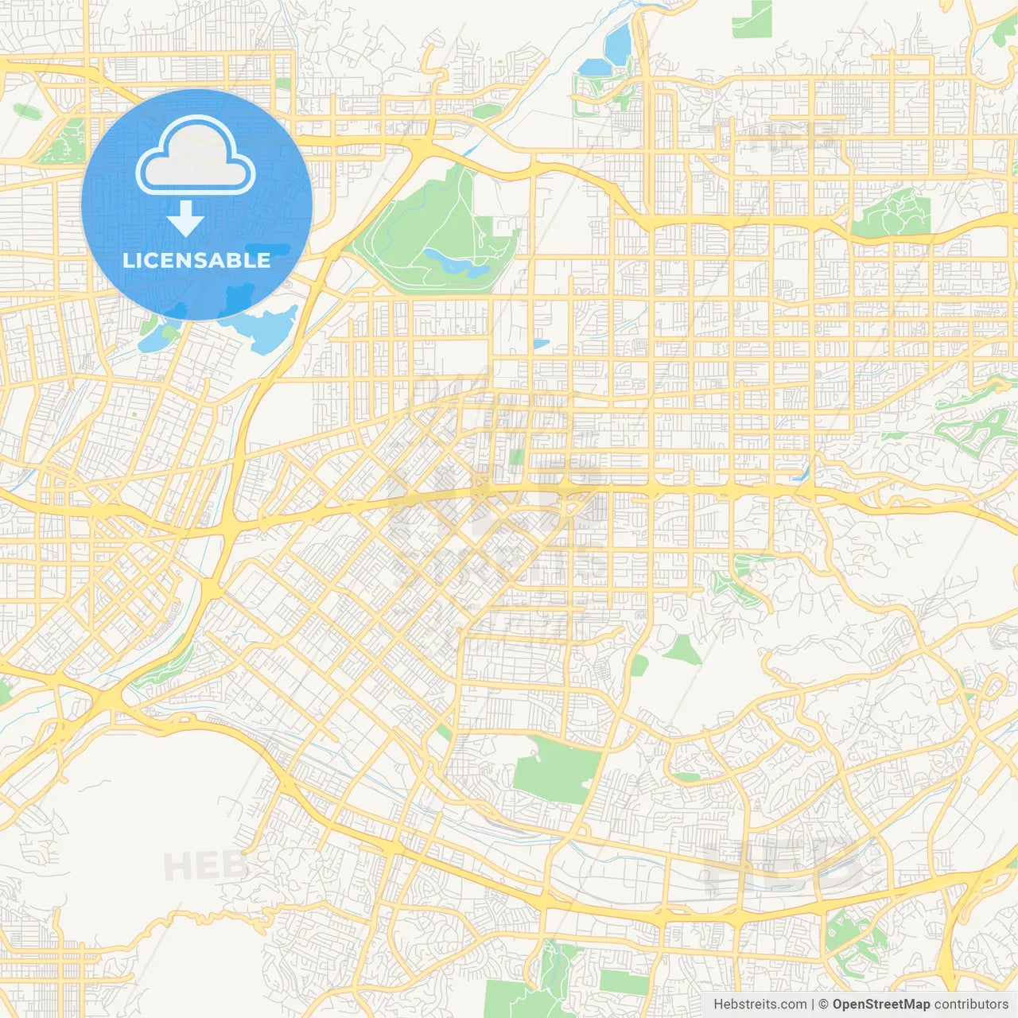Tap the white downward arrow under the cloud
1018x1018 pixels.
coord(185,220)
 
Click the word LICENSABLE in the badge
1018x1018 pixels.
coord(196,260)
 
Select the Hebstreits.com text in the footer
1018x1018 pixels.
coord(760,1004)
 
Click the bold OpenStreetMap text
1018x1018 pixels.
coord(880,1004)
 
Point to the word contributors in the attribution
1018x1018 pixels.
coord(970,1004)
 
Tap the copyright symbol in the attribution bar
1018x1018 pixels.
coord(823,1004)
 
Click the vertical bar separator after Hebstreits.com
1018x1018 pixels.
coord(813,1004)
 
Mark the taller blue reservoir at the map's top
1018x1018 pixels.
coord(617,44)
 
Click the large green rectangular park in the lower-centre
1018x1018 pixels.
coord(556,767)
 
